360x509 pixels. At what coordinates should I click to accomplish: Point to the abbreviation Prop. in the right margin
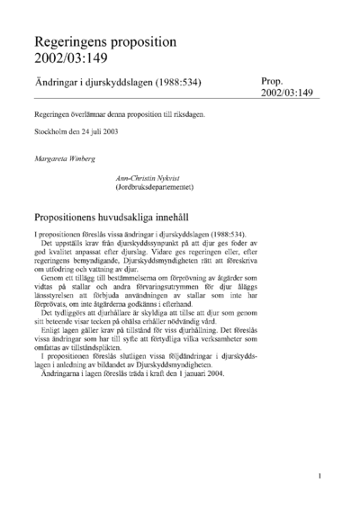[x=274, y=80]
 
